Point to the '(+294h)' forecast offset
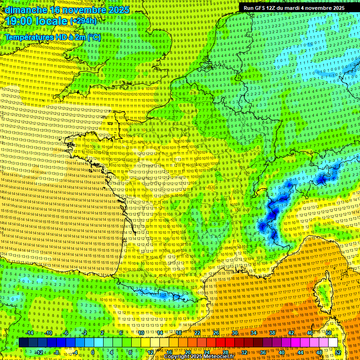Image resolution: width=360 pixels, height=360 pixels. [x=83, y=21]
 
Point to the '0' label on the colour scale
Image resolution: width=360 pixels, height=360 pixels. [x=93, y=352]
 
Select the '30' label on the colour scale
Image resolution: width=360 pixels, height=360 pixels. [x=234, y=333]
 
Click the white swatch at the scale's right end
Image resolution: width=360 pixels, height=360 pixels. [x=333, y=343]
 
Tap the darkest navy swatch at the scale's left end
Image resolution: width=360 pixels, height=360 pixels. [x=23, y=343]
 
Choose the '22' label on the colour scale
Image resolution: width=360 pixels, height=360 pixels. [x=197, y=333]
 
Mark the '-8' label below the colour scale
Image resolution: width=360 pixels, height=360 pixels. [x=56, y=352]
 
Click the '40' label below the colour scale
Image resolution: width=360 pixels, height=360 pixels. [x=281, y=352]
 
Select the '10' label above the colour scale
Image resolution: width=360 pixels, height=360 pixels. [x=141, y=333]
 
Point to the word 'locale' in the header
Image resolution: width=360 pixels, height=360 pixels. [x=54, y=21]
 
